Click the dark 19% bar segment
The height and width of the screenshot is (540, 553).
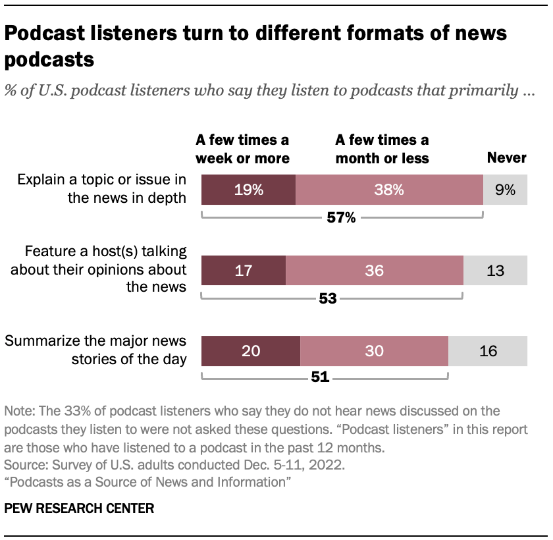248,190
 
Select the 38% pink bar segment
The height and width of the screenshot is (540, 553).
389,190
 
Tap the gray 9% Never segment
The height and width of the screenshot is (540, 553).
505,190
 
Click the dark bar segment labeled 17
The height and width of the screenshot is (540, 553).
243,271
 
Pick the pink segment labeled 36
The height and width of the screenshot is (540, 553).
374,271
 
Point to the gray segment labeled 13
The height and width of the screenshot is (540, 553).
495,271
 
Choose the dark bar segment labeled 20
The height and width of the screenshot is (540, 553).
250,351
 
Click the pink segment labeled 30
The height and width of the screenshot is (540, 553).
374,351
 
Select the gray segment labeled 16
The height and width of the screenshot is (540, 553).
488,351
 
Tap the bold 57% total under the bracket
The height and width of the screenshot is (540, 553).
341,218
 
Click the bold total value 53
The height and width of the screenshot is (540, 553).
327,298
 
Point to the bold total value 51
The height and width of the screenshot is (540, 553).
319,378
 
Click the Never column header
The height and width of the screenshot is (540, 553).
506,157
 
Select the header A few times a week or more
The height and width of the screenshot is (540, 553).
242,149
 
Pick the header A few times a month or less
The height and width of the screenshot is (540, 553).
382,149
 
